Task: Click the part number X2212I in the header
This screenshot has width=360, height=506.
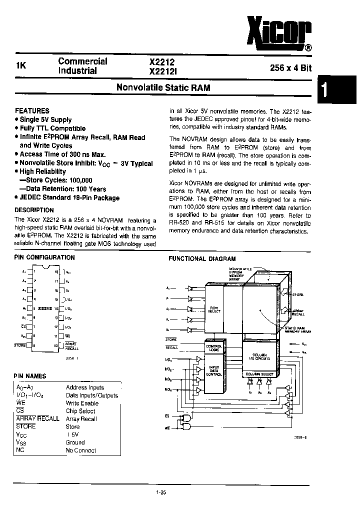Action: [162, 71]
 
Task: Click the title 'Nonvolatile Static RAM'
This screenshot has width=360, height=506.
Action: [163, 87]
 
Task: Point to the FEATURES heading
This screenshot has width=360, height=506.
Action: [32, 110]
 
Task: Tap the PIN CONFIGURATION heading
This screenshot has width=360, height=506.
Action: [44, 257]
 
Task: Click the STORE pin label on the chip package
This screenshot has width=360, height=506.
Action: [20, 345]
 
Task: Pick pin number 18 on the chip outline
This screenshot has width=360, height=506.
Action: [56, 271]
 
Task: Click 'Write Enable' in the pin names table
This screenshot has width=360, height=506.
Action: [82, 403]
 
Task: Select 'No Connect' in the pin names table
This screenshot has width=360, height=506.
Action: [81, 450]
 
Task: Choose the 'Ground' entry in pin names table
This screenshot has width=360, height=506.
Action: [75, 442]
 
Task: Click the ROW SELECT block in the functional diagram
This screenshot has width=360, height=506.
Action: [214, 309]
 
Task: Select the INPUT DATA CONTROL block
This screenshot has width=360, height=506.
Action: [213, 370]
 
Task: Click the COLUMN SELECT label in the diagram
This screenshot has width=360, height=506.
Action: [259, 374]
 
